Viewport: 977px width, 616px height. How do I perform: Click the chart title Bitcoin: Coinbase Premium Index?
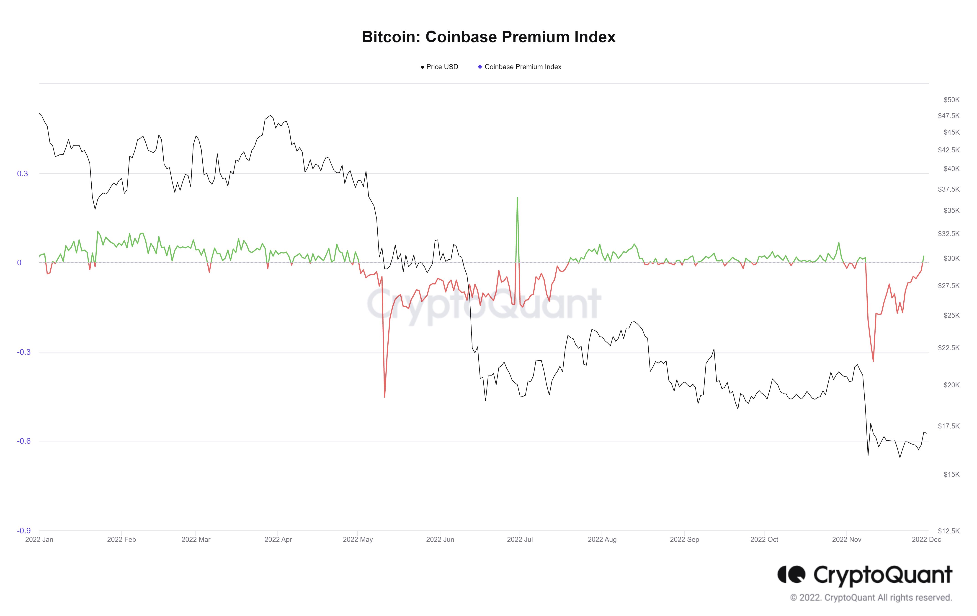pyautogui.click(x=489, y=37)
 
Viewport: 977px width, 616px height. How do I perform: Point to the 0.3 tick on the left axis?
pyautogui.click(x=22, y=174)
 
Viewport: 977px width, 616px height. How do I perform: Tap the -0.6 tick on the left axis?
pyautogui.click(x=23, y=441)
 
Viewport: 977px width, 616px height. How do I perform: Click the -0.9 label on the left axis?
pyautogui.click(x=23, y=530)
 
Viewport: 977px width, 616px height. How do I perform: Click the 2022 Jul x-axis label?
pyautogui.click(x=520, y=539)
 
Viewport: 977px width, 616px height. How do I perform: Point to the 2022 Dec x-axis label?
pyautogui.click(x=926, y=539)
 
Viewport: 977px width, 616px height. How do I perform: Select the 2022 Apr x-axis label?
pyautogui.click(x=278, y=539)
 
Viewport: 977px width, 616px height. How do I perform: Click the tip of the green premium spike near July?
pyautogui.click(x=517, y=198)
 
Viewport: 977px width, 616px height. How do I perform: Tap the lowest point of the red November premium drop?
pyautogui.click(x=873, y=361)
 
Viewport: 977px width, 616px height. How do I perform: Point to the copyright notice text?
pyautogui.click(x=871, y=597)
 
